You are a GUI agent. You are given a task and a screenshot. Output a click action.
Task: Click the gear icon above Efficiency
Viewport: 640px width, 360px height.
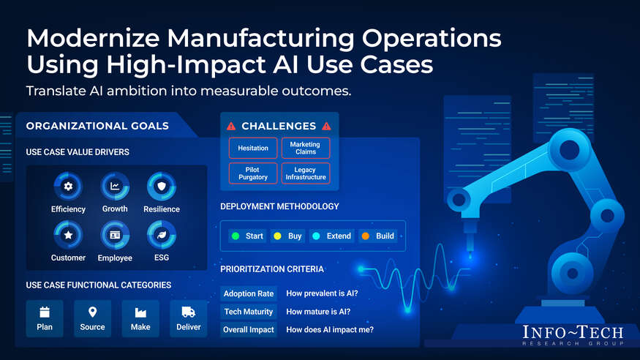coord(68,187)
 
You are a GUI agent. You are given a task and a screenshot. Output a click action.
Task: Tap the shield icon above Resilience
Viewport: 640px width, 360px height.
coord(162,187)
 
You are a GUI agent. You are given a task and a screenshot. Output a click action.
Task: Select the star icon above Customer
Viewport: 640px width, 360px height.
coord(68,235)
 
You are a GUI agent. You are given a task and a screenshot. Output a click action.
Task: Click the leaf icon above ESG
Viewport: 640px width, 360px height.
coord(162,235)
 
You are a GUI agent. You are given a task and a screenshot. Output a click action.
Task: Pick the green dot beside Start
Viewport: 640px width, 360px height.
coord(236,236)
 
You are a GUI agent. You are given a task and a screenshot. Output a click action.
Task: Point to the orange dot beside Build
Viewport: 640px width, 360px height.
coord(365,236)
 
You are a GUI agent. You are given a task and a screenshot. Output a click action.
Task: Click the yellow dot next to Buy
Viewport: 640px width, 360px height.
coord(277,236)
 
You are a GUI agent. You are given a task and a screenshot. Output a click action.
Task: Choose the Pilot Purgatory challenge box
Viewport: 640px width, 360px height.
coord(253,173)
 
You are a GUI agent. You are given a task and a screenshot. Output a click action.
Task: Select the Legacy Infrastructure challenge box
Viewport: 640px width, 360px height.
coord(306,173)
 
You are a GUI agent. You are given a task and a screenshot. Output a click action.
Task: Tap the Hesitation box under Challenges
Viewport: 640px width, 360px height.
coord(253,148)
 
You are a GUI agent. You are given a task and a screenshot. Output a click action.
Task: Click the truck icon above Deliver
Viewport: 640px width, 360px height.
coord(188,312)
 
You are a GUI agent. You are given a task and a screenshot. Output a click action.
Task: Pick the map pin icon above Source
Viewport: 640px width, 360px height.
coord(93,312)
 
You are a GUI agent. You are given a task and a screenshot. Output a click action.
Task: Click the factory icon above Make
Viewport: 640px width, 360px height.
coord(140,312)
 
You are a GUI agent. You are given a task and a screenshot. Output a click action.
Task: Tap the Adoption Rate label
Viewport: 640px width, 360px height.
coord(249,293)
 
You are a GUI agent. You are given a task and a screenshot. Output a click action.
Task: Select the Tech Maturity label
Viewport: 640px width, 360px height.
coord(249,312)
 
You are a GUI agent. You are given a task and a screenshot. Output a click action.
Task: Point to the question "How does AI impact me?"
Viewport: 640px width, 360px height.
coord(330,330)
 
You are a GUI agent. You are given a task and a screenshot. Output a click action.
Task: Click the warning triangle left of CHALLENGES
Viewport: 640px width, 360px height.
coord(231,126)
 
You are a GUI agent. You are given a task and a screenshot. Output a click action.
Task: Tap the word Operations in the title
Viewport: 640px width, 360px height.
coord(432,38)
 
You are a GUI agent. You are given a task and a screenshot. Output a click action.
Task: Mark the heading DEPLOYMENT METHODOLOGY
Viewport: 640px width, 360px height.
coord(279,206)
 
